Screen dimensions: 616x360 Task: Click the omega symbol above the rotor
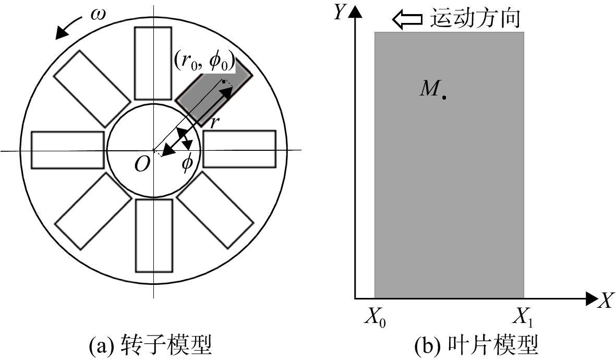pos(98,15)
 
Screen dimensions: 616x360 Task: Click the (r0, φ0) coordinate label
pos(204,62)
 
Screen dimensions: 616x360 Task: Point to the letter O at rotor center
pos(142,164)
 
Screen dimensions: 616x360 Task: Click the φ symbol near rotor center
pos(187,162)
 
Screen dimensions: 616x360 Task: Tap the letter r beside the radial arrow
pos(214,123)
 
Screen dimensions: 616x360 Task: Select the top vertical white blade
pos(153,63)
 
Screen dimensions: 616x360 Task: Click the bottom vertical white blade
pos(154,235)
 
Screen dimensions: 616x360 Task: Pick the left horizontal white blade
pos(68,150)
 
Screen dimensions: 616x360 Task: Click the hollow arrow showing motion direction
pos(407,20)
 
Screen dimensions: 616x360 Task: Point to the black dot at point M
pos(444,97)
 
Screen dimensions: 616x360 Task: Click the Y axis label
pos(339,12)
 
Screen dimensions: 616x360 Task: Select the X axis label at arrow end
pos(606,301)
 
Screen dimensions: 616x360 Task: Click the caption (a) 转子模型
pos(151,345)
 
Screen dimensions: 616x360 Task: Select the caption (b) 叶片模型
pos(477,345)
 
